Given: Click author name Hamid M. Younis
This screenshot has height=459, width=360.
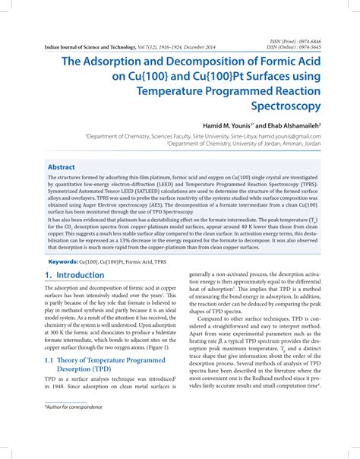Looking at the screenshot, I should (x=230, y=124).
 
